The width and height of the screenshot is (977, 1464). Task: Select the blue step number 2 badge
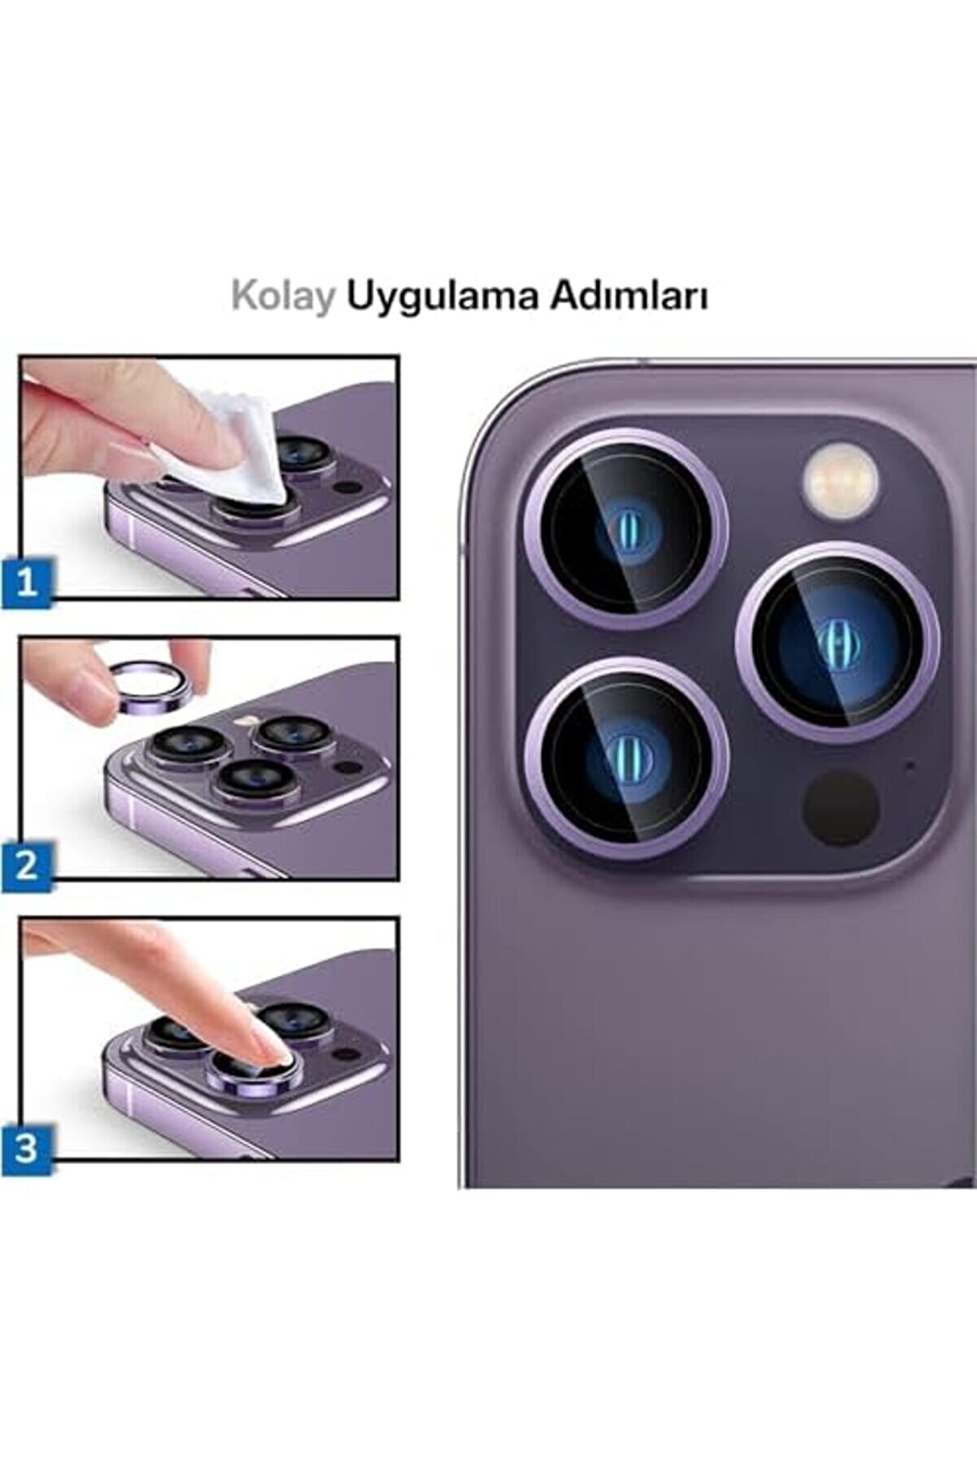point(27,865)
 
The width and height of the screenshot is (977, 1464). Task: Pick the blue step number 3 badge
point(27,1149)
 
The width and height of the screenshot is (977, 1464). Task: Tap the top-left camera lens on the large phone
point(625,529)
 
